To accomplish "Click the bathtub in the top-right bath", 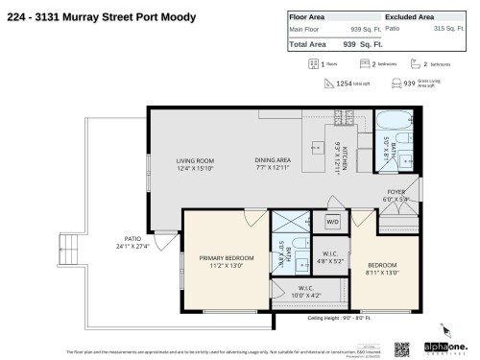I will [392, 123].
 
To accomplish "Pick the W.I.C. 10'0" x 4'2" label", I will [305, 292].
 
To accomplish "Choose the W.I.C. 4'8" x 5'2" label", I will [327, 258].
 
